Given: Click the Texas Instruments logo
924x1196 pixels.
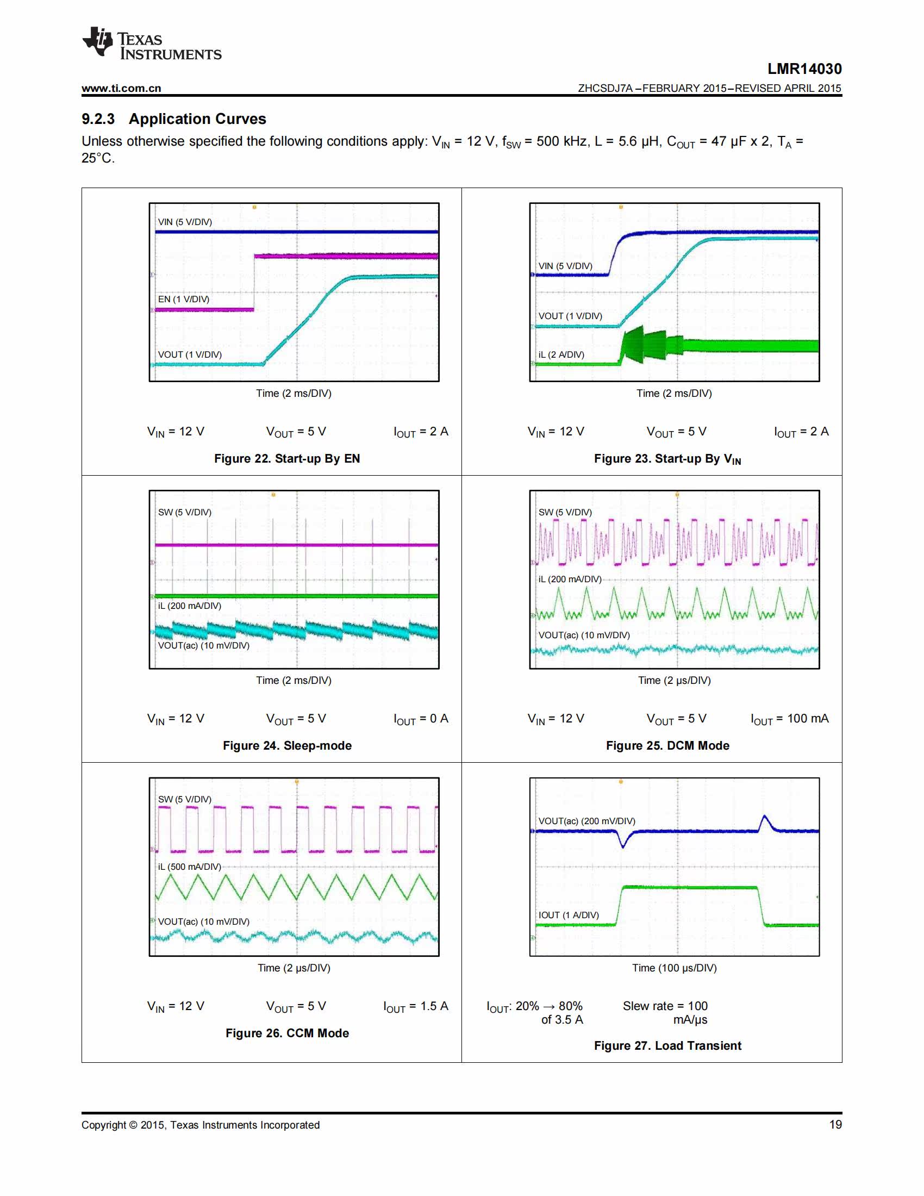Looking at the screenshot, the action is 152,43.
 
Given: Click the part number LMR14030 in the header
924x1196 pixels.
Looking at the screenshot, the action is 804,69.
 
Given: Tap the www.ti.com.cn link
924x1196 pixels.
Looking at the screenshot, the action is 122,88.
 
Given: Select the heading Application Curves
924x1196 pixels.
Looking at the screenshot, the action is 198,119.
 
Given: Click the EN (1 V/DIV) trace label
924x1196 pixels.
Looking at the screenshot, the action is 183,299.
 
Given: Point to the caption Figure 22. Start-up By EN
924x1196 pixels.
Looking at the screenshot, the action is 287,458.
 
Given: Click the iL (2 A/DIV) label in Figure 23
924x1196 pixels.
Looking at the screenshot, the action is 561,354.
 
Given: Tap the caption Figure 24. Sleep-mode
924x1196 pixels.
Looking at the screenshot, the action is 287,745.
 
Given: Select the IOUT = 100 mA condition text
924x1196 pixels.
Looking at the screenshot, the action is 789,719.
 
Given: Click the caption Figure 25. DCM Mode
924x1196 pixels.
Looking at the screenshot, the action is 667,745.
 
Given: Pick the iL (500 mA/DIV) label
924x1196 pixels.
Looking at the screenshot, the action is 189,867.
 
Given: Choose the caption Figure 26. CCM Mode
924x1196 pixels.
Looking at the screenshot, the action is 287,1033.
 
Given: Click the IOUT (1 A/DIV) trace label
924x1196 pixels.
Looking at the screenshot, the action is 569,915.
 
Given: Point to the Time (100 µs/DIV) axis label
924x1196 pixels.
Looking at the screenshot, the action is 675,968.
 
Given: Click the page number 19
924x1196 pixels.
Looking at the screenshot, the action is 835,1124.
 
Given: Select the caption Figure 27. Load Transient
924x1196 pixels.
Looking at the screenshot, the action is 667,1045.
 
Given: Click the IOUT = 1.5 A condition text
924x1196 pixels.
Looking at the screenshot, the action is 415,1006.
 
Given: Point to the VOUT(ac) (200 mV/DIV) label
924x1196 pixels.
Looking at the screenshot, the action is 587,821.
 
